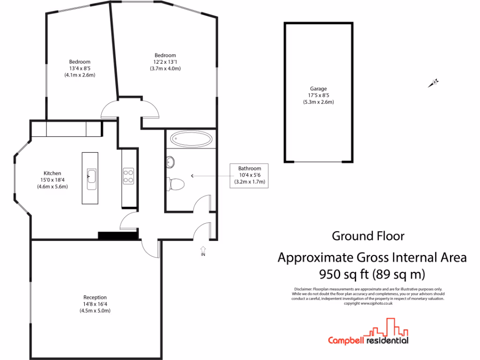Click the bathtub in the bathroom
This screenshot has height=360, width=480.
191,139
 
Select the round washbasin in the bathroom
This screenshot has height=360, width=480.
171,162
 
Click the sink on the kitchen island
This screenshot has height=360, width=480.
92,176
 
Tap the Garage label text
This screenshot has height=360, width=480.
318,89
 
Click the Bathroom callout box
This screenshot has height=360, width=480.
248,175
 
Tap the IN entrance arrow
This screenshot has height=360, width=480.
203,250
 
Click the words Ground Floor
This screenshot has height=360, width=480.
368,236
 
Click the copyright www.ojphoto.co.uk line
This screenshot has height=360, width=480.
368,303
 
